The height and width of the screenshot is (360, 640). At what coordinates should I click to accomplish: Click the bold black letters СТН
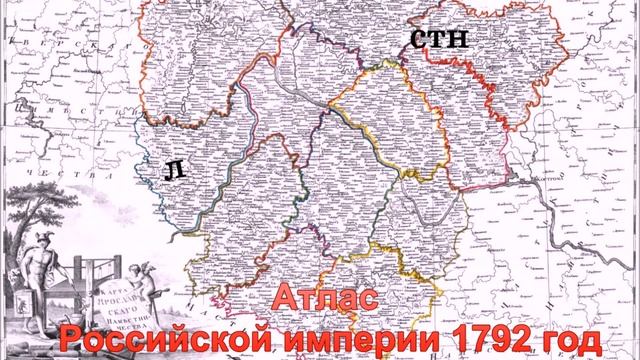point(438,40)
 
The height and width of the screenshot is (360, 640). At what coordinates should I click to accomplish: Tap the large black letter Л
point(173,171)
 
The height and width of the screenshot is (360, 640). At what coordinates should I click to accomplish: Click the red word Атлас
point(325,300)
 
